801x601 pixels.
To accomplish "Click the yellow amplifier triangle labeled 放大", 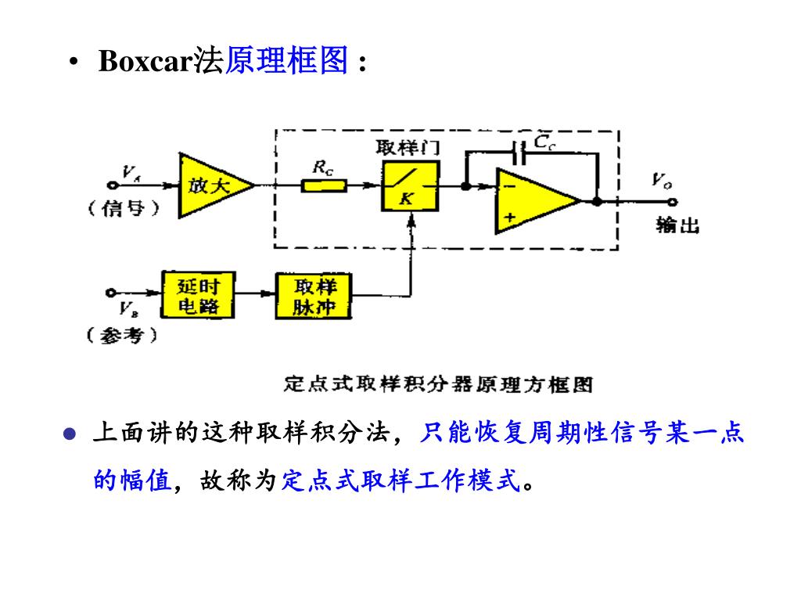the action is [209, 185].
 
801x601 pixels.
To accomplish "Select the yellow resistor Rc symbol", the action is [323, 186].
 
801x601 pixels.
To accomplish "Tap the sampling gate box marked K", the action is [409, 186].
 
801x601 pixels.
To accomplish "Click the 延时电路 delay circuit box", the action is [198, 295].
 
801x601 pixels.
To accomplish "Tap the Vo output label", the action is [662, 181].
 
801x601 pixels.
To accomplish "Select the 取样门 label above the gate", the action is [408, 148].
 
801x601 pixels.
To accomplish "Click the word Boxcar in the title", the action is [145, 62].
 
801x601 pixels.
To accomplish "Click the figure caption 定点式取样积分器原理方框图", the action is [438, 384].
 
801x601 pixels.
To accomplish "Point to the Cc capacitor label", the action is [545, 142].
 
